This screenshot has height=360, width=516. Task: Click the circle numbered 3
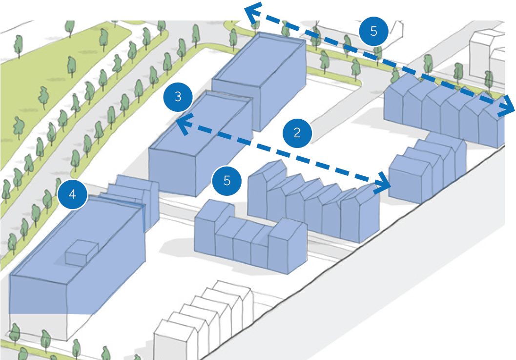tap(178, 96)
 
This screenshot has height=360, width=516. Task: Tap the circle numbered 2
tap(297, 132)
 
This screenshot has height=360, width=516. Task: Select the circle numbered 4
tap(72, 194)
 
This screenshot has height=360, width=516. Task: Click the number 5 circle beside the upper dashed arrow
tap(373, 31)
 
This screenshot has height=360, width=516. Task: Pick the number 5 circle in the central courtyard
tap(227, 180)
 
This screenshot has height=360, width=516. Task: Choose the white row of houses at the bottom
tap(205, 318)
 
